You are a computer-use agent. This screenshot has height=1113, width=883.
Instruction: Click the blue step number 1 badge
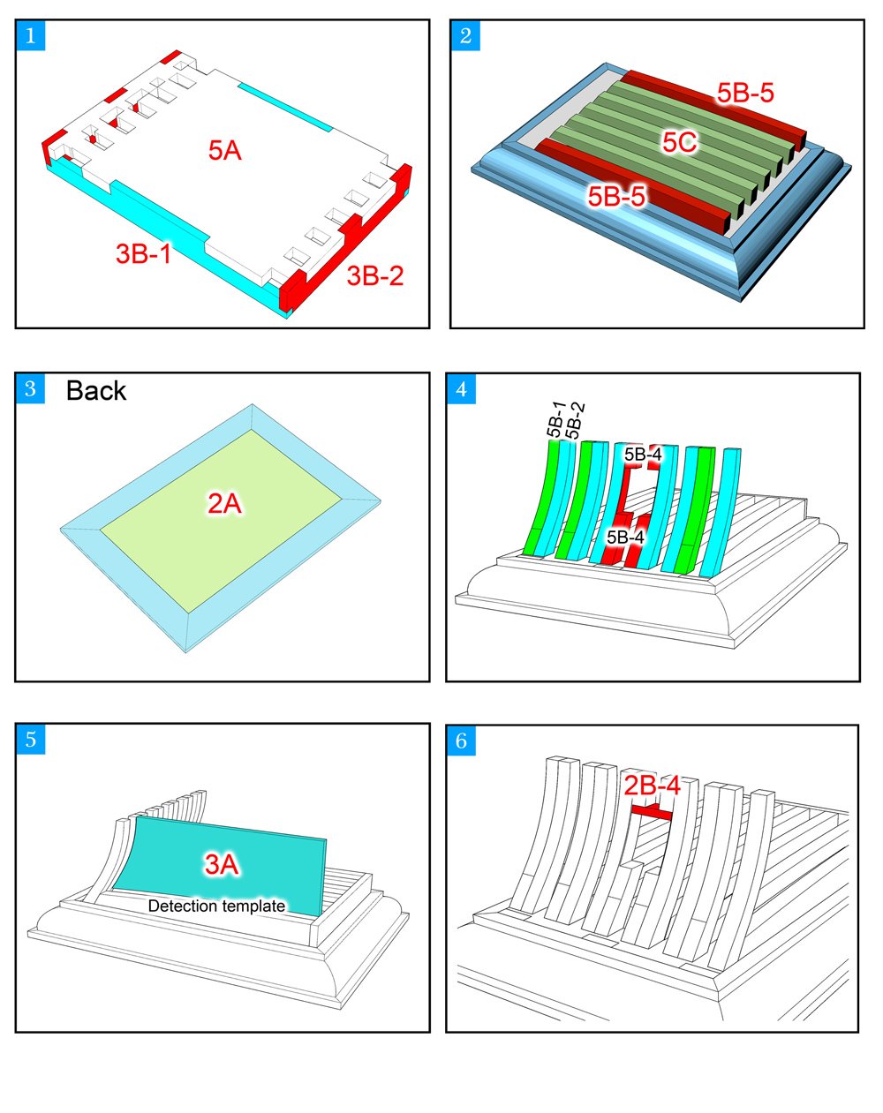pos(31,35)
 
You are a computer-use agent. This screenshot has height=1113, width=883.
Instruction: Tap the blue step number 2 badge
pos(465,35)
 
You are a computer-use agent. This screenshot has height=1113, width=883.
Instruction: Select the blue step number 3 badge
pos(31,387)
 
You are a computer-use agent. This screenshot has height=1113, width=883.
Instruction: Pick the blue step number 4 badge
pos(461,387)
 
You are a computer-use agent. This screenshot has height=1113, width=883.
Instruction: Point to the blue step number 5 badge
pos(31,739)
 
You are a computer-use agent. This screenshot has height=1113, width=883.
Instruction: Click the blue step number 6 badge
pos(461,741)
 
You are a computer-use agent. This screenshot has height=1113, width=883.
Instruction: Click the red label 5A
pos(225,151)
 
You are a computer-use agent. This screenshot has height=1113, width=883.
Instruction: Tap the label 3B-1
pos(143,254)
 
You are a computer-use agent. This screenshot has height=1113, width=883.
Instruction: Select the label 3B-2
pos(374,275)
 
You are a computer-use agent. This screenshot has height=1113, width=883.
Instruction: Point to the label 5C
pos(680,142)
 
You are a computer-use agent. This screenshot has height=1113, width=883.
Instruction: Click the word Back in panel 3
pos(96,391)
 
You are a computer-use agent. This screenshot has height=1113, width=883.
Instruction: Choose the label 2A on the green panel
pos(224,504)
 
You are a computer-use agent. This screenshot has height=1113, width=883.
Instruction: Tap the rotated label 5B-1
pos(555,419)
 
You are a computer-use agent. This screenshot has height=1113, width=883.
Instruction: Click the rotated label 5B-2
pos(574,419)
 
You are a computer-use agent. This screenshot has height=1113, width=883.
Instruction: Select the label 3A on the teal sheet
pos(222,864)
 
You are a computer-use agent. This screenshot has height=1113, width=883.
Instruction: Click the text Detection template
pos(216,906)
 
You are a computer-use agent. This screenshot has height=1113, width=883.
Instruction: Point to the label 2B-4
pos(652,785)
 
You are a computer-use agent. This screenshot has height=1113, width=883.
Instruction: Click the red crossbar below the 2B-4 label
pos(653,809)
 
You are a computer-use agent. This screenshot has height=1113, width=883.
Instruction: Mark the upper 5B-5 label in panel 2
pos(745,93)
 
